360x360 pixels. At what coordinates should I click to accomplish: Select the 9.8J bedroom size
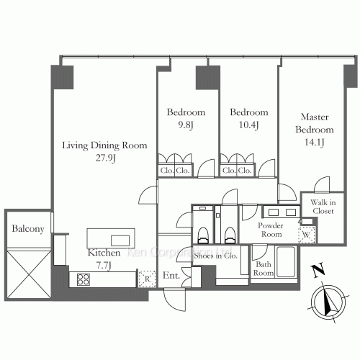point(186,123)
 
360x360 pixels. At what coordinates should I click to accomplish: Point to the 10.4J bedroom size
point(248,123)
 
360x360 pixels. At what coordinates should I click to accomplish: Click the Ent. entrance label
point(171,275)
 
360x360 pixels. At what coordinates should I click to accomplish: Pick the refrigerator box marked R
point(146,279)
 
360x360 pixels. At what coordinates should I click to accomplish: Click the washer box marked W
point(307,235)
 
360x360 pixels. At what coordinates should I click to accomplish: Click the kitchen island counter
point(109,238)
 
